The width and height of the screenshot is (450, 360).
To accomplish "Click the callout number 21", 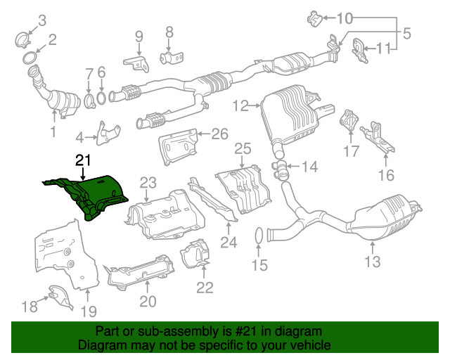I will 84,160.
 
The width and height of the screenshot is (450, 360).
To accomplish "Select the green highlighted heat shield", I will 95,193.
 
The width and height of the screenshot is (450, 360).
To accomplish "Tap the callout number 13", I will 372,262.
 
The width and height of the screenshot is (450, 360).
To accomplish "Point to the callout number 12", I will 240,106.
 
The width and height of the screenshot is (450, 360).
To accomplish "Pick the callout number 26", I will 220,133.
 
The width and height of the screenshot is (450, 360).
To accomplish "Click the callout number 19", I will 89,311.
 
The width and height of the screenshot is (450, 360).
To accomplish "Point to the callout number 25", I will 242,148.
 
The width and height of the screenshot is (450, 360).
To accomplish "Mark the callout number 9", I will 139,36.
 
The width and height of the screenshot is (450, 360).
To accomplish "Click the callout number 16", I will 385,175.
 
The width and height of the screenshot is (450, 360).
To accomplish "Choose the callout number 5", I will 406,32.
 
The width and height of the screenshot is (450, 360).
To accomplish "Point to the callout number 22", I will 205,287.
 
